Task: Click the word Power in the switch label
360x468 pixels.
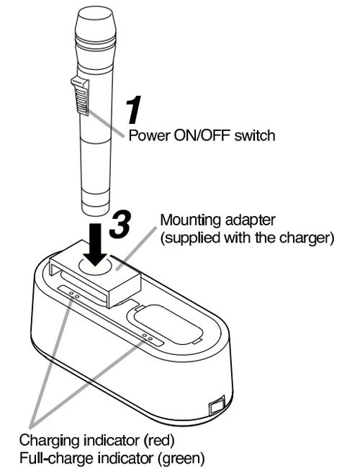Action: coord(147,136)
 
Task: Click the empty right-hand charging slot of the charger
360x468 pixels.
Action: coord(165,318)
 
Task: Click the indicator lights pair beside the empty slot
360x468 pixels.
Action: coord(148,337)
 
